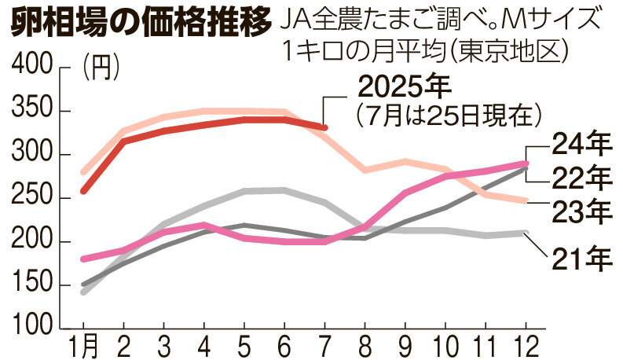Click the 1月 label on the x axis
click(x=84, y=345)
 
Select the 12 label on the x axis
click(x=524, y=345)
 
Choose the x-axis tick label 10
click(x=443, y=345)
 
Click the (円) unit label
click(x=100, y=69)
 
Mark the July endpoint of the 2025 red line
click(x=324, y=127)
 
